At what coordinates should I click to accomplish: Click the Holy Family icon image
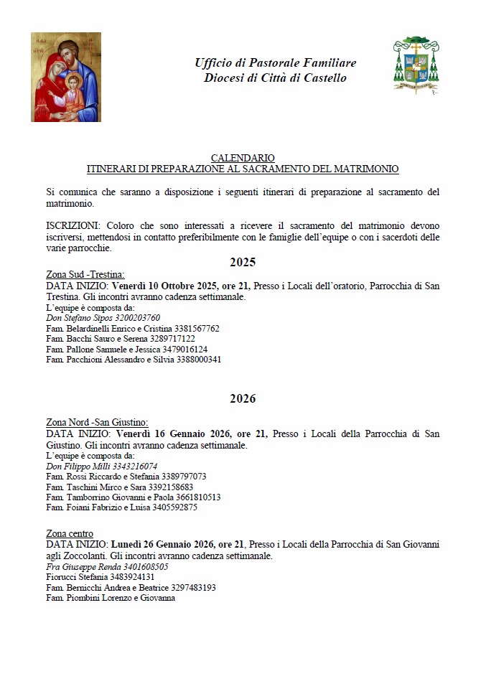click(65, 77)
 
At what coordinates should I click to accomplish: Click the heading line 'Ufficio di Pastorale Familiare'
click(275, 63)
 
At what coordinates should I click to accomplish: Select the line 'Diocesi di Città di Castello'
click(275, 78)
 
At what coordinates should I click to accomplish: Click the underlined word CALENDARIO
click(243, 158)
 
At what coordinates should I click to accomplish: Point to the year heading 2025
click(243, 262)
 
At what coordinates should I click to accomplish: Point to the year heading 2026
click(243, 398)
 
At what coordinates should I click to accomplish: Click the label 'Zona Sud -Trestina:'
click(85, 275)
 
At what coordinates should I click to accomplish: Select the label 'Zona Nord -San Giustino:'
click(96, 422)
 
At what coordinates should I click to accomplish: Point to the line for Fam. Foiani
click(121, 507)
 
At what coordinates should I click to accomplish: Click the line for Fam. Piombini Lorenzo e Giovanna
click(111, 598)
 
